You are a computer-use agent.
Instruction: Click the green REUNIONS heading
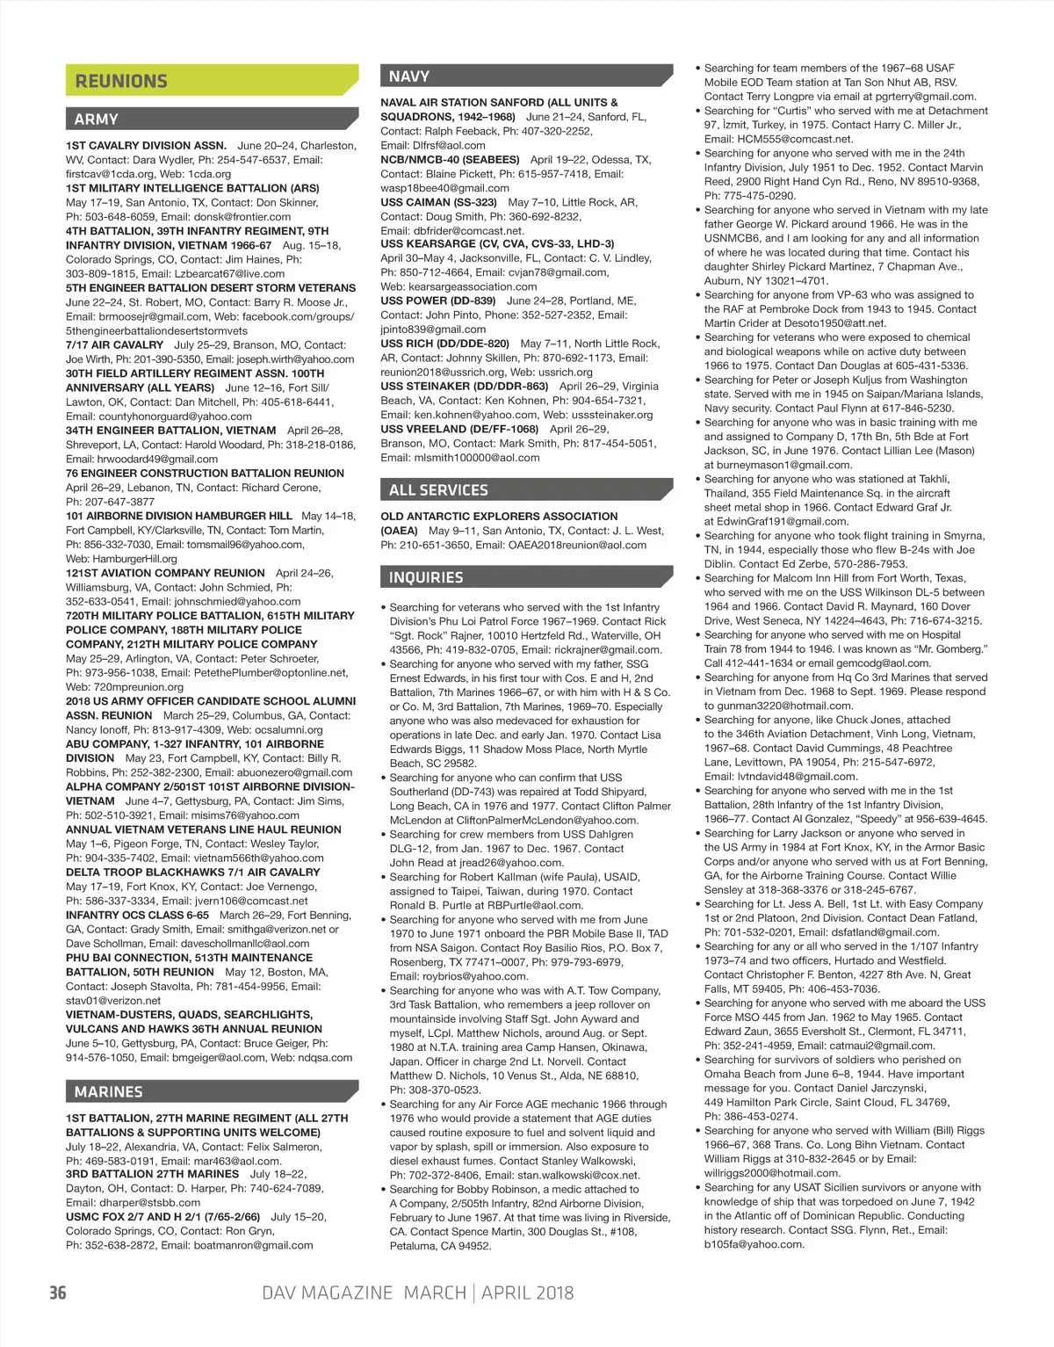121,81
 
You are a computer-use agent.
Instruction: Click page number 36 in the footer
58,1293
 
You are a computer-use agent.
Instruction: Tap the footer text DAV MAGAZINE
328,1293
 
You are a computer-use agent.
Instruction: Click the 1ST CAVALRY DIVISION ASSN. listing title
146,146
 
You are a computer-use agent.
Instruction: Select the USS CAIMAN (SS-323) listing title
426,202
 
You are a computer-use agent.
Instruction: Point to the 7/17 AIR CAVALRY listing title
115,345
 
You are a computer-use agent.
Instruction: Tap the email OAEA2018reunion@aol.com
577,545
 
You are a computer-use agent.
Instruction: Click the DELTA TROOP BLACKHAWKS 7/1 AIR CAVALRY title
193,873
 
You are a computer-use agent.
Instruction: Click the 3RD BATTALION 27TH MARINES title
152,1174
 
